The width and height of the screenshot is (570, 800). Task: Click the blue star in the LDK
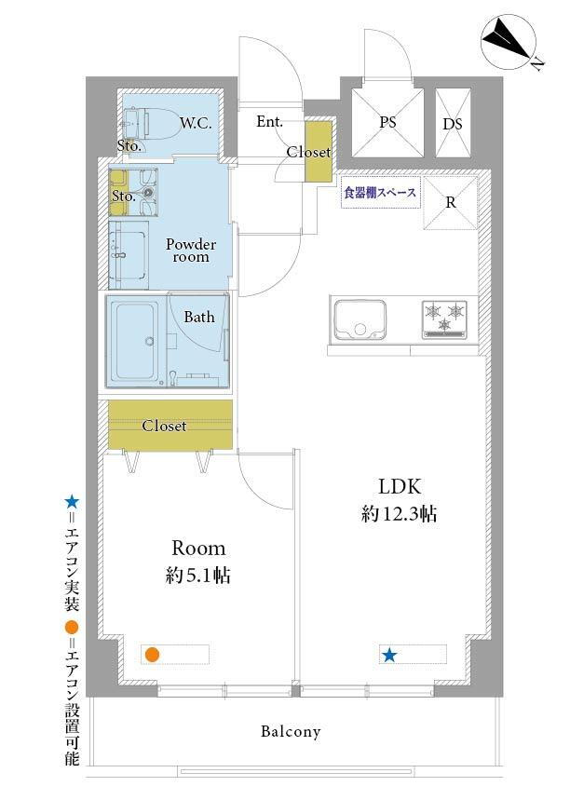(389, 655)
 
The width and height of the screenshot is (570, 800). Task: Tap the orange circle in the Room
(151, 655)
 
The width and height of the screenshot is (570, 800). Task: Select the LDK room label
(400, 487)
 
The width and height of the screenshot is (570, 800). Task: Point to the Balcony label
(291, 732)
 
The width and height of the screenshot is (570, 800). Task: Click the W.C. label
(196, 123)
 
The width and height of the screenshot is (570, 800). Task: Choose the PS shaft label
(387, 122)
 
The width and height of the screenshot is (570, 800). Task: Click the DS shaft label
(453, 124)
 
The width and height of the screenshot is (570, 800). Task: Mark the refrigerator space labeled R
(451, 203)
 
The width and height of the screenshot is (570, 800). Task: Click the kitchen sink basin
(360, 319)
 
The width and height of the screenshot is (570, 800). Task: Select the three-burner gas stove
(444, 319)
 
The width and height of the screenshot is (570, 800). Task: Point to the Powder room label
(191, 250)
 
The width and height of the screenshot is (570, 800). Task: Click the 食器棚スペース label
(380, 193)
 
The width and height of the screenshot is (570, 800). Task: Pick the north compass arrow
(508, 41)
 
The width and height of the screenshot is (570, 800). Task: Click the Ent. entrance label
(269, 121)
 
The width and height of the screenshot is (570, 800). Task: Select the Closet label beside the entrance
(308, 152)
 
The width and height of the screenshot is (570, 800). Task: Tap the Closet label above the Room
(164, 426)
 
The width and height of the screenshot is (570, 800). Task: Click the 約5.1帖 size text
(198, 576)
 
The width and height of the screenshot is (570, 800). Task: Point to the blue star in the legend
(72, 503)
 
